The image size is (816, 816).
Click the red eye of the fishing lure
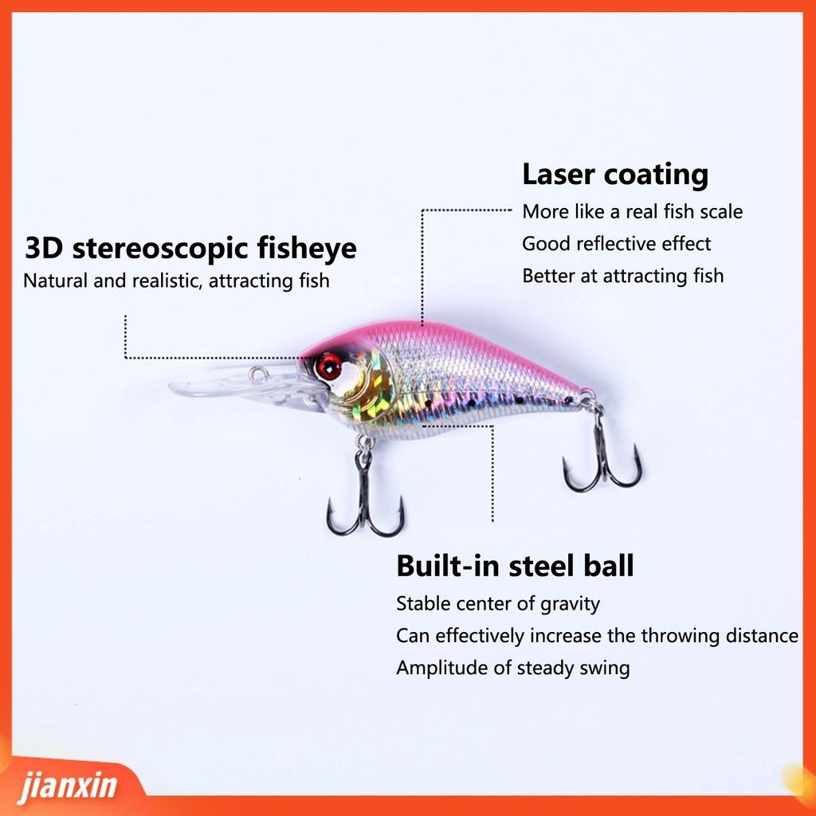coord(328,367)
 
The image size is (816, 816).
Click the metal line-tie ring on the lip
coord(257,373)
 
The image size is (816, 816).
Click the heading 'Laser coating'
coord(614,175)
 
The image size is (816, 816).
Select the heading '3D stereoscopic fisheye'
coord(190,248)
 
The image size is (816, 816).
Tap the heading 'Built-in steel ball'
coord(515,566)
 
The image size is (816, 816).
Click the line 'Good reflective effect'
coord(616,244)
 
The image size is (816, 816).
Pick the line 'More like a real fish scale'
coord(632,212)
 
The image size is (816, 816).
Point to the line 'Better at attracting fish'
coord(622,276)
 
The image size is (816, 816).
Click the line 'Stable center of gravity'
coord(497,604)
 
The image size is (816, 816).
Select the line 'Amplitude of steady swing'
coord(512,668)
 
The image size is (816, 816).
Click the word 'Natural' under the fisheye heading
coord(56,280)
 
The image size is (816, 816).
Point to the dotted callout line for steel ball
coord(493,478)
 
